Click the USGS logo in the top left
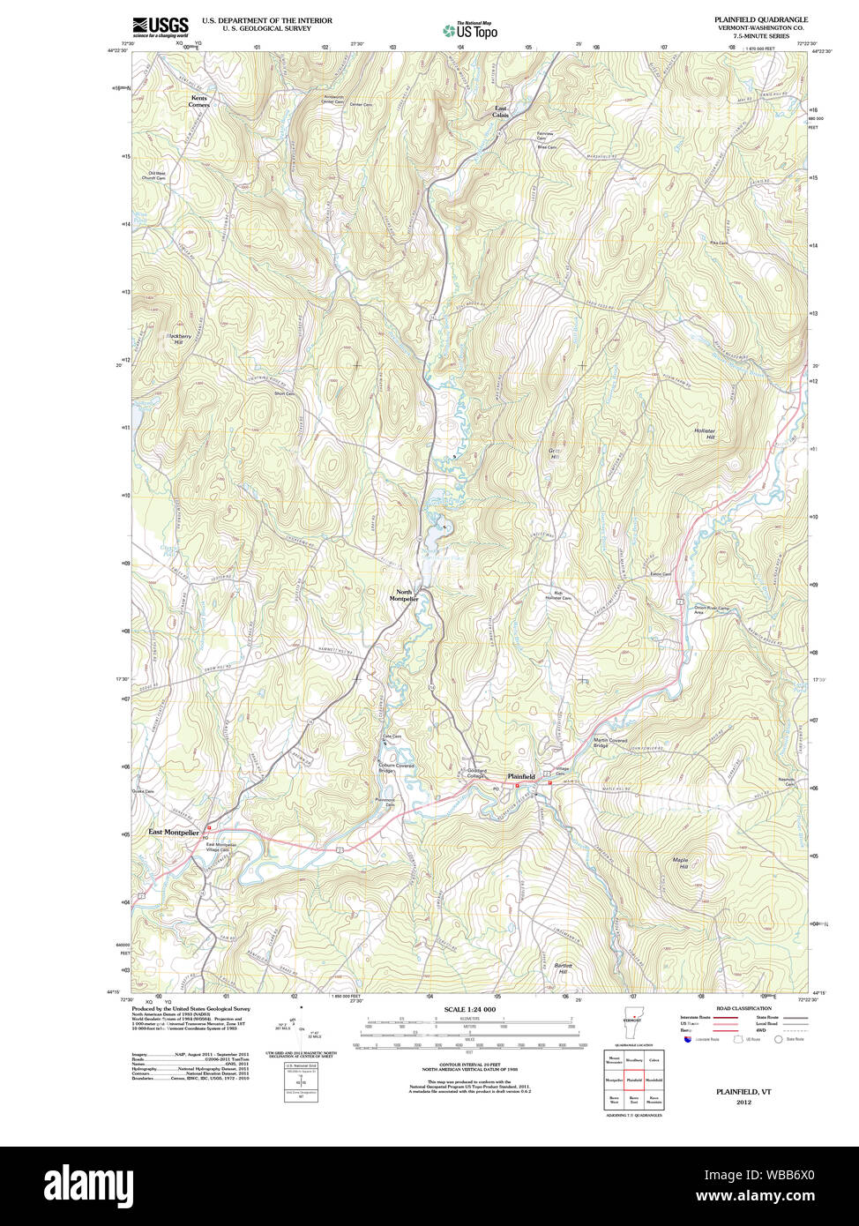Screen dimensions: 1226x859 [x=160, y=26]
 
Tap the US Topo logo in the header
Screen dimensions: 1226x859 [x=470, y=31]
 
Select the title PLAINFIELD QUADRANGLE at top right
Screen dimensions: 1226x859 [x=761, y=19]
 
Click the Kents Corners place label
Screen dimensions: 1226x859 [x=199, y=101]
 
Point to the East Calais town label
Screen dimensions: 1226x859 [x=500, y=112]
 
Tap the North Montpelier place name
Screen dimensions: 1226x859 [x=403, y=595]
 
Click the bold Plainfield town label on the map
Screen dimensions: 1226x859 [x=520, y=776]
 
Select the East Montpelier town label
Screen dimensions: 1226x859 [x=174, y=832]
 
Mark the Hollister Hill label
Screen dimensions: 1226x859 [x=705, y=434]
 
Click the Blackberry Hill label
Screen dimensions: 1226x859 [x=179, y=339]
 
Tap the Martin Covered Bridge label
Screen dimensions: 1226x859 [x=609, y=743]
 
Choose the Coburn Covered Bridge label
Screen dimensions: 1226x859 [x=395, y=768]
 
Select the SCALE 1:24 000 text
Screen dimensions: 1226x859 [x=469, y=1009]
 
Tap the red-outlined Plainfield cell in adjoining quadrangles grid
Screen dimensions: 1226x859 [x=633, y=1080]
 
